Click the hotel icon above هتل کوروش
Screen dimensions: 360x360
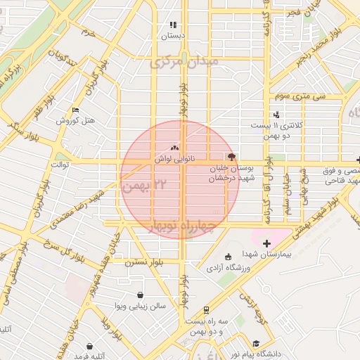76,110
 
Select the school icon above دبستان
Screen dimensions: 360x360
173,25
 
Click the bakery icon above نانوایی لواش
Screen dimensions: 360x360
174,148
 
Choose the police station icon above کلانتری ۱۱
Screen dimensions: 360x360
276,115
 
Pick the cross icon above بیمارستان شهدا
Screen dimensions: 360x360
266,243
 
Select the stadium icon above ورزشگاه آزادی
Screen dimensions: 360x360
227,256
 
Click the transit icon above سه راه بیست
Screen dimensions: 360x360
206,309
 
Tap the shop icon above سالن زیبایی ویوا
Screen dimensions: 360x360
141,295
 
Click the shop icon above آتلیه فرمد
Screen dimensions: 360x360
90,346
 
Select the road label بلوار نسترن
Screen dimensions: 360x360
143,262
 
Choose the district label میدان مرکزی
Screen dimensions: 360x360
184,63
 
